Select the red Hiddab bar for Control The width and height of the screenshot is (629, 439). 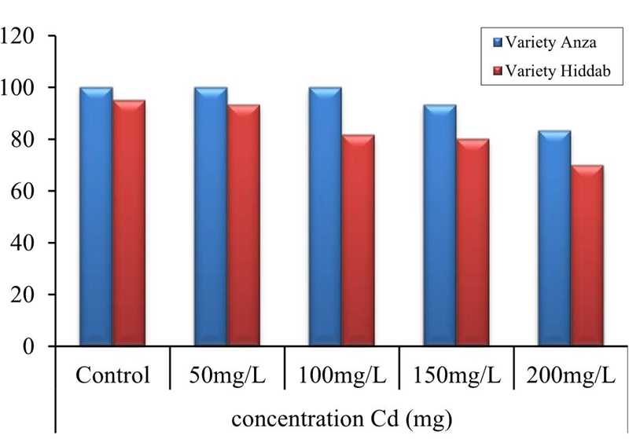tap(129, 223)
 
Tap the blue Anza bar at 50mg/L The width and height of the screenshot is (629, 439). tap(211, 216)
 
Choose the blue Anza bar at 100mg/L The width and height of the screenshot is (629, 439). tap(325, 216)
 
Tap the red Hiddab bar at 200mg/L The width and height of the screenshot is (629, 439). tap(587, 255)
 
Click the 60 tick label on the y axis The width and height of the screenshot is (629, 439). tap(28, 191)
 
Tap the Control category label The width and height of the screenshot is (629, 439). tap(112, 375)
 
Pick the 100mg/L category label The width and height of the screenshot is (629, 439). tap(341, 375)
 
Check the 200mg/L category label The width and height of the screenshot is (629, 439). tap(570, 375)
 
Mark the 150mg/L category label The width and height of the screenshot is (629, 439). tap(456, 375)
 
